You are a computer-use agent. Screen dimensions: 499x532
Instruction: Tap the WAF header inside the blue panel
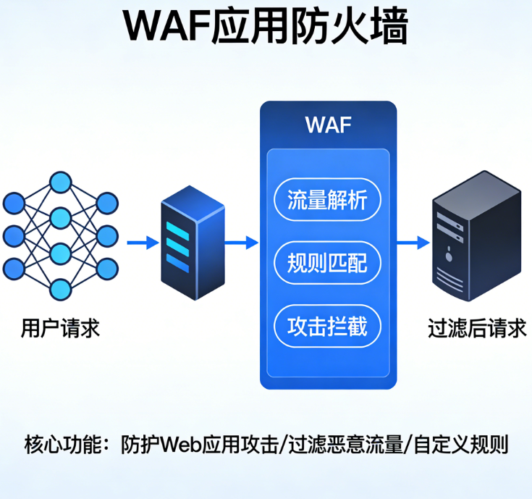328,125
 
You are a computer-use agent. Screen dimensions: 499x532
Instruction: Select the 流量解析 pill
327,199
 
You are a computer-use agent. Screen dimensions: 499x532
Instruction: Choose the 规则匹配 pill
327,262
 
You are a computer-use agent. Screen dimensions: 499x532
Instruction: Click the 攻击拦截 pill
327,326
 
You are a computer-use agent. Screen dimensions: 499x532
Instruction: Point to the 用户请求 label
60,329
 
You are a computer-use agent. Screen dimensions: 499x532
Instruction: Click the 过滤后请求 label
477,329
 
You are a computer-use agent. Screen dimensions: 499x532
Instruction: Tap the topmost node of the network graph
60,181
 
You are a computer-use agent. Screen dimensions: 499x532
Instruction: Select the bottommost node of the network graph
60,290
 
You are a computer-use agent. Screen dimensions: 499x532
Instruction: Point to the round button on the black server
451,254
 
